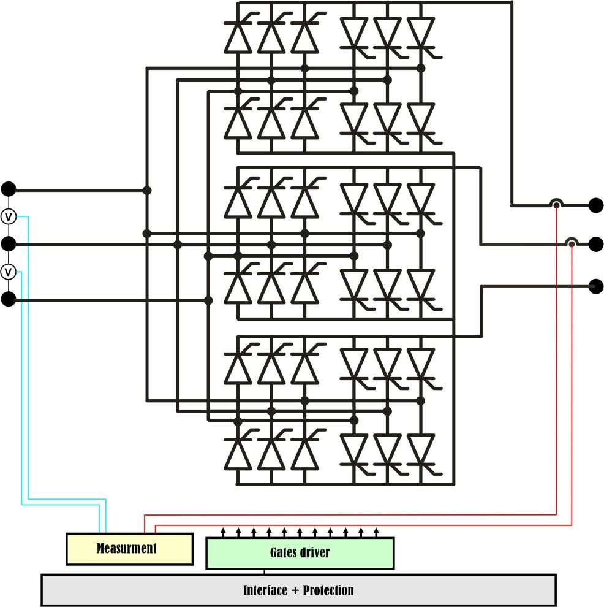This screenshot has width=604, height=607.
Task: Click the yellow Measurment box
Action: (129, 549)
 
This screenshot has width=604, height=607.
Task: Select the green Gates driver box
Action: (300, 553)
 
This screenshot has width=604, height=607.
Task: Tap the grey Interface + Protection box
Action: (298, 590)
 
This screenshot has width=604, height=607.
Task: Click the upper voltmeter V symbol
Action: (9, 216)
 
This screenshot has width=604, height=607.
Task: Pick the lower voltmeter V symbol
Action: (9, 271)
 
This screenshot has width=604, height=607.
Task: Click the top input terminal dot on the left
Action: (9, 189)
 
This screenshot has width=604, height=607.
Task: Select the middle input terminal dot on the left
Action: (9, 244)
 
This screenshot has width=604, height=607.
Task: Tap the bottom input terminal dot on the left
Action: (9, 299)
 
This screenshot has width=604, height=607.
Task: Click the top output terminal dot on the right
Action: (595, 205)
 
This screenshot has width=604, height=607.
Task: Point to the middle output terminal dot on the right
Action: (595, 245)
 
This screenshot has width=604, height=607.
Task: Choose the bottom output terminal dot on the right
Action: (595, 286)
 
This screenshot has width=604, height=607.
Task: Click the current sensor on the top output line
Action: (556, 204)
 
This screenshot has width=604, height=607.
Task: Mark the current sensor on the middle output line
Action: (572, 243)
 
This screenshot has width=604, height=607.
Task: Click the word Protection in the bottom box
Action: (325, 590)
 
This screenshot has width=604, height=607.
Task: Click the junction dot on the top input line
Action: (147, 190)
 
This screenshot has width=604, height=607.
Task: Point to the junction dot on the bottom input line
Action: (208, 300)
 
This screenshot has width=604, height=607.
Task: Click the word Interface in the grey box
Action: (265, 590)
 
